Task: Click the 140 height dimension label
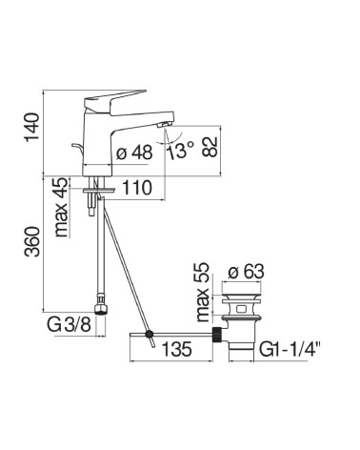[32, 127]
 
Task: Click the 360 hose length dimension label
[32, 241]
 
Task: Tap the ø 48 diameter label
[134, 153]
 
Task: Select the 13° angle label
[180, 151]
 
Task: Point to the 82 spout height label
[210, 147]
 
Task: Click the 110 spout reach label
[137, 188]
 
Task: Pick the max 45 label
[61, 207]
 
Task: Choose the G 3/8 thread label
[70, 325]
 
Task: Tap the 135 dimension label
[177, 349]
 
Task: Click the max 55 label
[203, 292]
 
